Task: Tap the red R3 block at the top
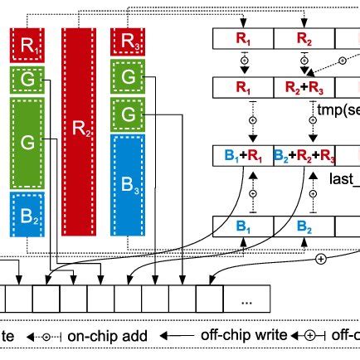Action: click(129, 41)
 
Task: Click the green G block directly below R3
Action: click(129, 77)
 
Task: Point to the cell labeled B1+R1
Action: click(243, 155)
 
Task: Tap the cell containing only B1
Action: click(243, 225)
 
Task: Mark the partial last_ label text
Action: click(343, 180)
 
